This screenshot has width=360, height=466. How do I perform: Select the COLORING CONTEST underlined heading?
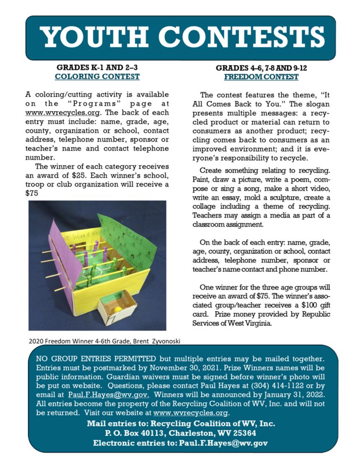point(97,77)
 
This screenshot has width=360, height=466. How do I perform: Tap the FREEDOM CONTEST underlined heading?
point(261,77)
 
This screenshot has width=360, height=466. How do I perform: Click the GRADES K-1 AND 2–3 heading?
point(97,68)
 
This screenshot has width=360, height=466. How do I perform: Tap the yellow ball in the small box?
point(118,309)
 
